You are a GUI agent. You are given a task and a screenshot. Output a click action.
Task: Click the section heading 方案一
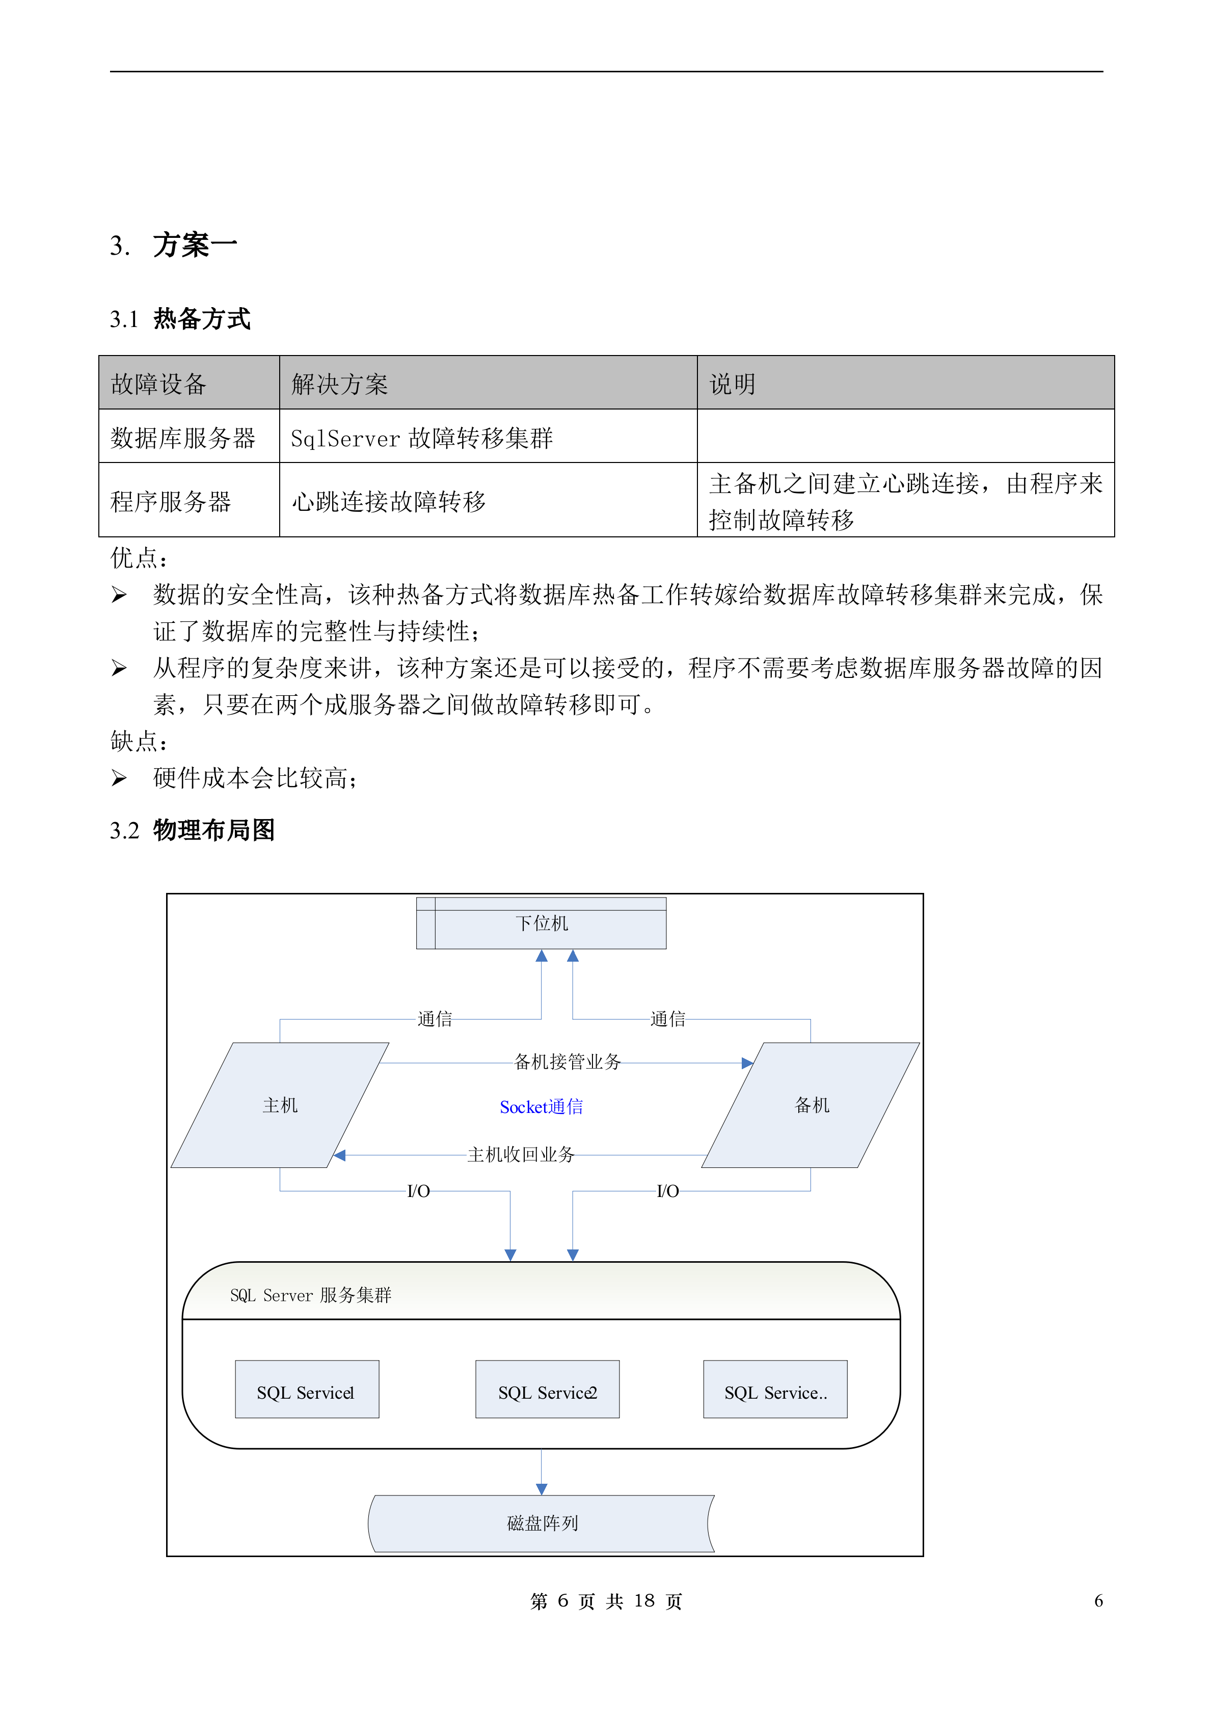point(195,245)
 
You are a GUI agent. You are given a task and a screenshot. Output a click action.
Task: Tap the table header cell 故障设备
point(158,384)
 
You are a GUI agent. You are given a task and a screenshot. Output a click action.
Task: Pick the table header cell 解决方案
point(340,384)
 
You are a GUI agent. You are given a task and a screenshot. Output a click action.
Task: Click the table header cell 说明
point(732,384)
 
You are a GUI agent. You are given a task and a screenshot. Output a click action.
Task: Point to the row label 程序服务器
point(171,501)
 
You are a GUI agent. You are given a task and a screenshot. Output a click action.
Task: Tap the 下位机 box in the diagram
point(542,924)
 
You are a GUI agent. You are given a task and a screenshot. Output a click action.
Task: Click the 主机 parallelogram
point(280,1105)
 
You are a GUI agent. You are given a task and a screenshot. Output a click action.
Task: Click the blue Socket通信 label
point(542,1107)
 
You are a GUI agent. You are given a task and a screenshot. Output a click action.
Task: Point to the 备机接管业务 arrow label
point(568,1061)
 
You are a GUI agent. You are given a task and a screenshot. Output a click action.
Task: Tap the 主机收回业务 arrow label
point(521,1155)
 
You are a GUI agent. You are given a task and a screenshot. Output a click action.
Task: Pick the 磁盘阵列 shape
point(542,1524)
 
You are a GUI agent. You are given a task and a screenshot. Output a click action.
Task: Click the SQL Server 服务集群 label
point(311,1295)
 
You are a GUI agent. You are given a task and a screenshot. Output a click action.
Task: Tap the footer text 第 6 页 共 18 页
point(606,1601)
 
